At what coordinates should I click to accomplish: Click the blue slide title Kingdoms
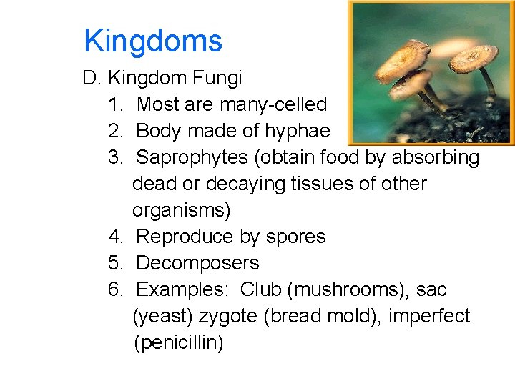point(152,41)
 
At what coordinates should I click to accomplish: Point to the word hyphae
point(297,131)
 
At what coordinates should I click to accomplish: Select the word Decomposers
point(197,263)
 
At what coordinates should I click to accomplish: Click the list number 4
point(115,237)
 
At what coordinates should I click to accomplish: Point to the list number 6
point(115,289)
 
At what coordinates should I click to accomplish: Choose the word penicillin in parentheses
point(179,342)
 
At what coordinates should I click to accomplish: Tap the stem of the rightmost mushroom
point(489,86)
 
